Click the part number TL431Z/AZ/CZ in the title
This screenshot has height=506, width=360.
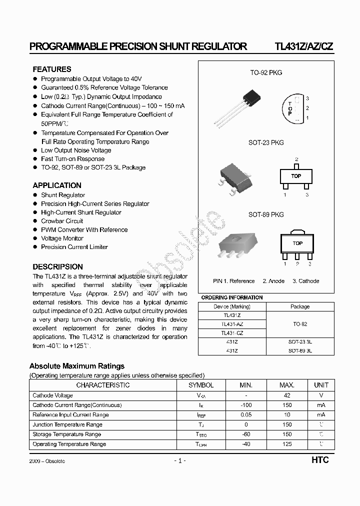click(303, 47)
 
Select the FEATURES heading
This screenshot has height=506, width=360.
click(52, 69)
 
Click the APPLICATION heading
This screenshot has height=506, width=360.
click(57, 185)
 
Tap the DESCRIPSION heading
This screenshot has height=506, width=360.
click(57, 267)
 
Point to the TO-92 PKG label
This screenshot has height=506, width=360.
click(266, 73)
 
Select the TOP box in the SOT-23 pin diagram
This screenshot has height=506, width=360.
click(296, 176)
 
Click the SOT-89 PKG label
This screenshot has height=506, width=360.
click(266, 214)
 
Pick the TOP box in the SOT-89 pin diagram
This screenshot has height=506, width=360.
click(297, 243)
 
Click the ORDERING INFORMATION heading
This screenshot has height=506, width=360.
click(231, 298)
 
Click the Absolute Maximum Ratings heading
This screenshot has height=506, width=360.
click(77, 366)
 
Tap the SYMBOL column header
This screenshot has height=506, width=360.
click(201, 385)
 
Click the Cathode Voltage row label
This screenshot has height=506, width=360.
click(52, 395)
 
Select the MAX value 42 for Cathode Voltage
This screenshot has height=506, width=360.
click(287, 395)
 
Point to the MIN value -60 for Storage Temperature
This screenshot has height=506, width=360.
click(246, 434)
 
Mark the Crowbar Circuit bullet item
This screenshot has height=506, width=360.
click(62, 221)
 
